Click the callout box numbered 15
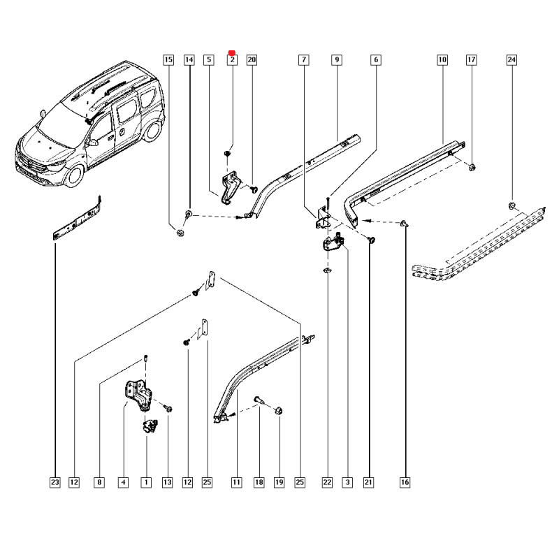click(168, 60)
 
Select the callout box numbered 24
click(511, 60)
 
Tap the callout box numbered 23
click(55, 482)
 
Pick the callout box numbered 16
click(405, 482)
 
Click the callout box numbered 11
click(236, 482)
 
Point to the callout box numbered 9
click(337, 60)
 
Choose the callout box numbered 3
click(347, 482)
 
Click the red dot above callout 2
click(232, 53)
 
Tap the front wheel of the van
click(74, 175)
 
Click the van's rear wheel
click(152, 130)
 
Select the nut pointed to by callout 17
click(471, 167)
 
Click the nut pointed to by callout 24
click(511, 205)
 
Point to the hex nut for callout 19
click(278, 411)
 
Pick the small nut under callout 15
click(180, 233)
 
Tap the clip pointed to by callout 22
click(327, 270)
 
